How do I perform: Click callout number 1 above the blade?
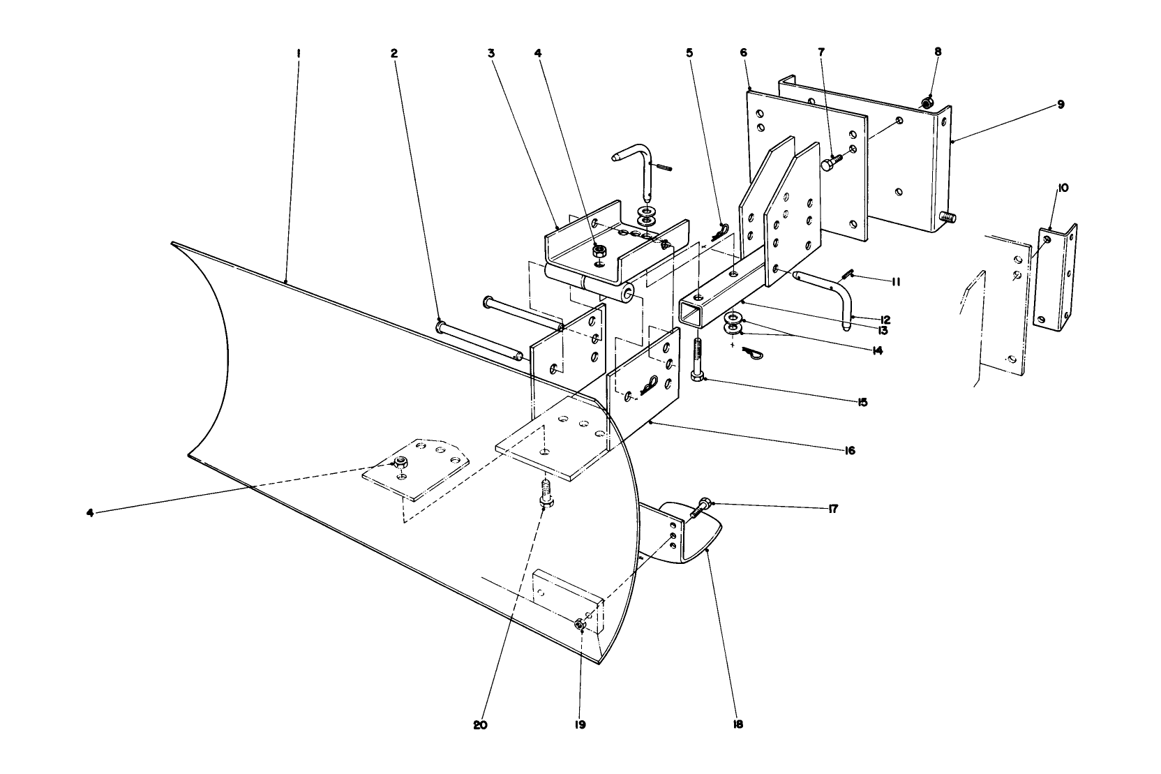[x=298, y=52]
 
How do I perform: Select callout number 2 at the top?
[x=394, y=52]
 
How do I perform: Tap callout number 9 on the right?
[x=1061, y=105]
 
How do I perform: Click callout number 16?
[x=849, y=451]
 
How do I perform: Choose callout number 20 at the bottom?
[x=479, y=725]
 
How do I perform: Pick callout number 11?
[x=895, y=282]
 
